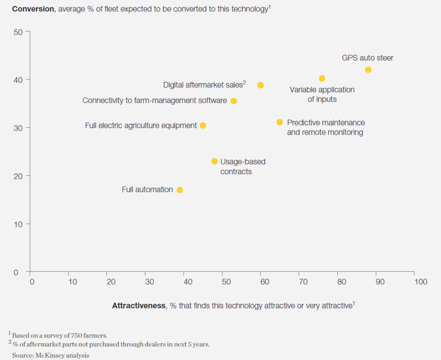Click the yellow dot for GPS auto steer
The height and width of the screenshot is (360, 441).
pos(368,70)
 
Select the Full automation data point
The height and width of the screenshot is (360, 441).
pos(180,190)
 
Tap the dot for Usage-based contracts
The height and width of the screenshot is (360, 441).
pos(214,161)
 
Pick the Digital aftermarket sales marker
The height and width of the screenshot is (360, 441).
pos(261,85)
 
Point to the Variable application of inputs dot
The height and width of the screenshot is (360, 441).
pos(322,78)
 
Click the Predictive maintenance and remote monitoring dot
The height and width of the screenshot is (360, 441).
pos(280,122)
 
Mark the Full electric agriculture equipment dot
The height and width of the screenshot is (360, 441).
pos(203,125)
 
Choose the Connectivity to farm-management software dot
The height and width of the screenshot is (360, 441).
pos(233,101)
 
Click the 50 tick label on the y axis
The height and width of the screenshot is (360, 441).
pos(19,31)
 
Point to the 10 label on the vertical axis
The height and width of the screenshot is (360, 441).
pos(19,224)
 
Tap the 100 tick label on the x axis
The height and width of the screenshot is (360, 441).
pos(421,282)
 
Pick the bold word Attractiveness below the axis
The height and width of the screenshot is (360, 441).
pos(139,306)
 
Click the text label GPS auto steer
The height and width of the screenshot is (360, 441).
pos(367,58)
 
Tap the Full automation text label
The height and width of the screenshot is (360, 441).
pos(147,190)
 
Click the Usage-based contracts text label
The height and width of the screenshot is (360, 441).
pos(242,166)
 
